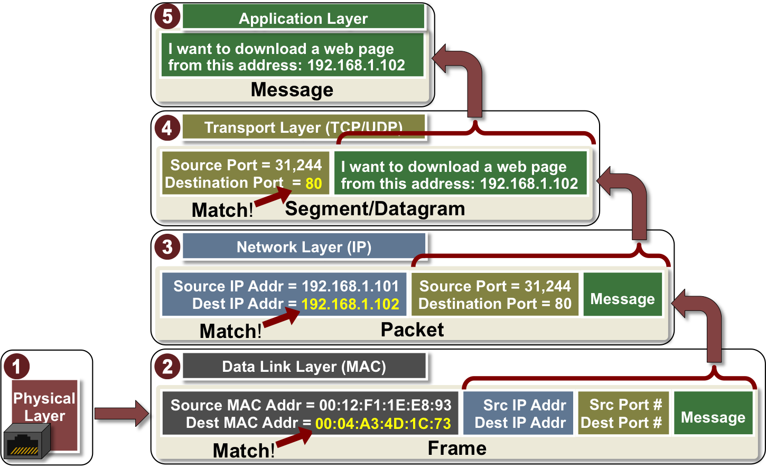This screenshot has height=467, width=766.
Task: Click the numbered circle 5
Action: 167,16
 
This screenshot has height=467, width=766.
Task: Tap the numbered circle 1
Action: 16,366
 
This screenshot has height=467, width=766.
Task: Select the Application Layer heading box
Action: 303,18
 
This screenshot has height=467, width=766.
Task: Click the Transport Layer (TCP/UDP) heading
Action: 303,127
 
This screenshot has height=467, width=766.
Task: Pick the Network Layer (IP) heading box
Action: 304,246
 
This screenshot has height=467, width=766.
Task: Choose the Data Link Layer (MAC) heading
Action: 304,366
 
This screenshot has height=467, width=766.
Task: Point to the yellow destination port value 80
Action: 314,184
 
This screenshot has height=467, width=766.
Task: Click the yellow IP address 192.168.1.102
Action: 350,304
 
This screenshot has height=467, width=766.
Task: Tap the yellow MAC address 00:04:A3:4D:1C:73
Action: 383,424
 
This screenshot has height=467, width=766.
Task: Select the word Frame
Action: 457,448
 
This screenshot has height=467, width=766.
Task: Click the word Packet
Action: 412,329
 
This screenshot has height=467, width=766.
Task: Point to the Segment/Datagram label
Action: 375,209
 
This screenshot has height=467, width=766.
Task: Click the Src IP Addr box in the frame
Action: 519,414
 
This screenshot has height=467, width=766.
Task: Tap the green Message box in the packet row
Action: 622,299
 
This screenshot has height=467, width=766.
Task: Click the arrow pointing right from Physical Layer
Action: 122,413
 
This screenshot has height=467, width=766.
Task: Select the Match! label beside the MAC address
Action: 243,451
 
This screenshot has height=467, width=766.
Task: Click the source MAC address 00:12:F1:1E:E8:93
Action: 385,405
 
